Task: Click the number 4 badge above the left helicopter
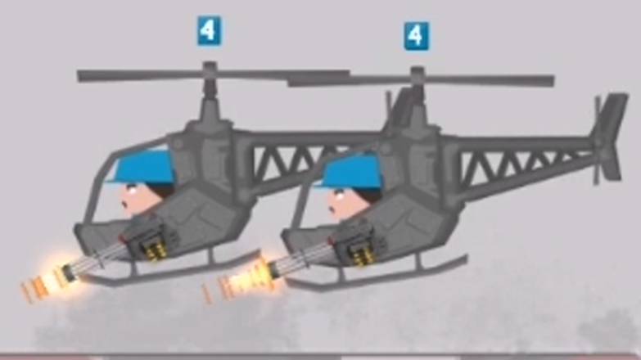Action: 210,30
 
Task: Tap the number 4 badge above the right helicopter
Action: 417,36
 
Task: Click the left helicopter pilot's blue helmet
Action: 146,169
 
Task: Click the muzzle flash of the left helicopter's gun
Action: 44,280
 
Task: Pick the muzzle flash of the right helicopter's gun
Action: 242,281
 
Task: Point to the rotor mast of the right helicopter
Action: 418,96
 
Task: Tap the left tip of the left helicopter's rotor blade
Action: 79,76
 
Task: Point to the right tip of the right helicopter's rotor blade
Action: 552,80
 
